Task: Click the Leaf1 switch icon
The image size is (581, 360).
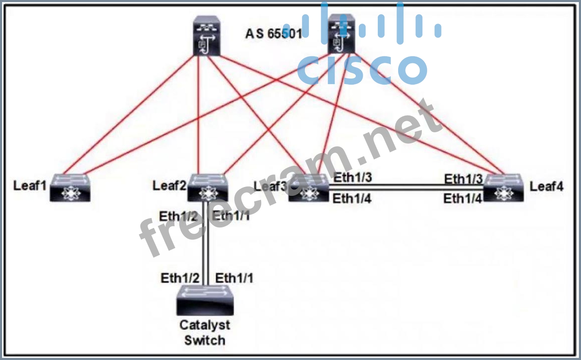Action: tap(70, 188)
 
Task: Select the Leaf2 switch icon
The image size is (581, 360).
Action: tap(208, 188)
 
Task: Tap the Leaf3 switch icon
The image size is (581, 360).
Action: tap(308, 189)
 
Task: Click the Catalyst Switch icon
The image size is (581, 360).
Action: tap(204, 301)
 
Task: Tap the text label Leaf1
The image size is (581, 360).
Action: tap(30, 186)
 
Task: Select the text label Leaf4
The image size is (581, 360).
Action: tap(547, 187)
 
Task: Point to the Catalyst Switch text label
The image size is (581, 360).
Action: tap(205, 333)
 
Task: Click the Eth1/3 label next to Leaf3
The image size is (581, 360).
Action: tap(353, 178)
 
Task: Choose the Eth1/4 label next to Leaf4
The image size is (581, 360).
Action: tap(463, 199)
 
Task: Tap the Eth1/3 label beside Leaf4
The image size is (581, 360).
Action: tap(463, 179)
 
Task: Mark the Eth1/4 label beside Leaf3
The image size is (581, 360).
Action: tap(352, 199)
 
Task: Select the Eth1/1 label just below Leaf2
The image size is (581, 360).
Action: tap(231, 216)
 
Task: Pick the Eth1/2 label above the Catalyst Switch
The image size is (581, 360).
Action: tap(180, 278)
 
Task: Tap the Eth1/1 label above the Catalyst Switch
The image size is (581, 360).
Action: tap(234, 278)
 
